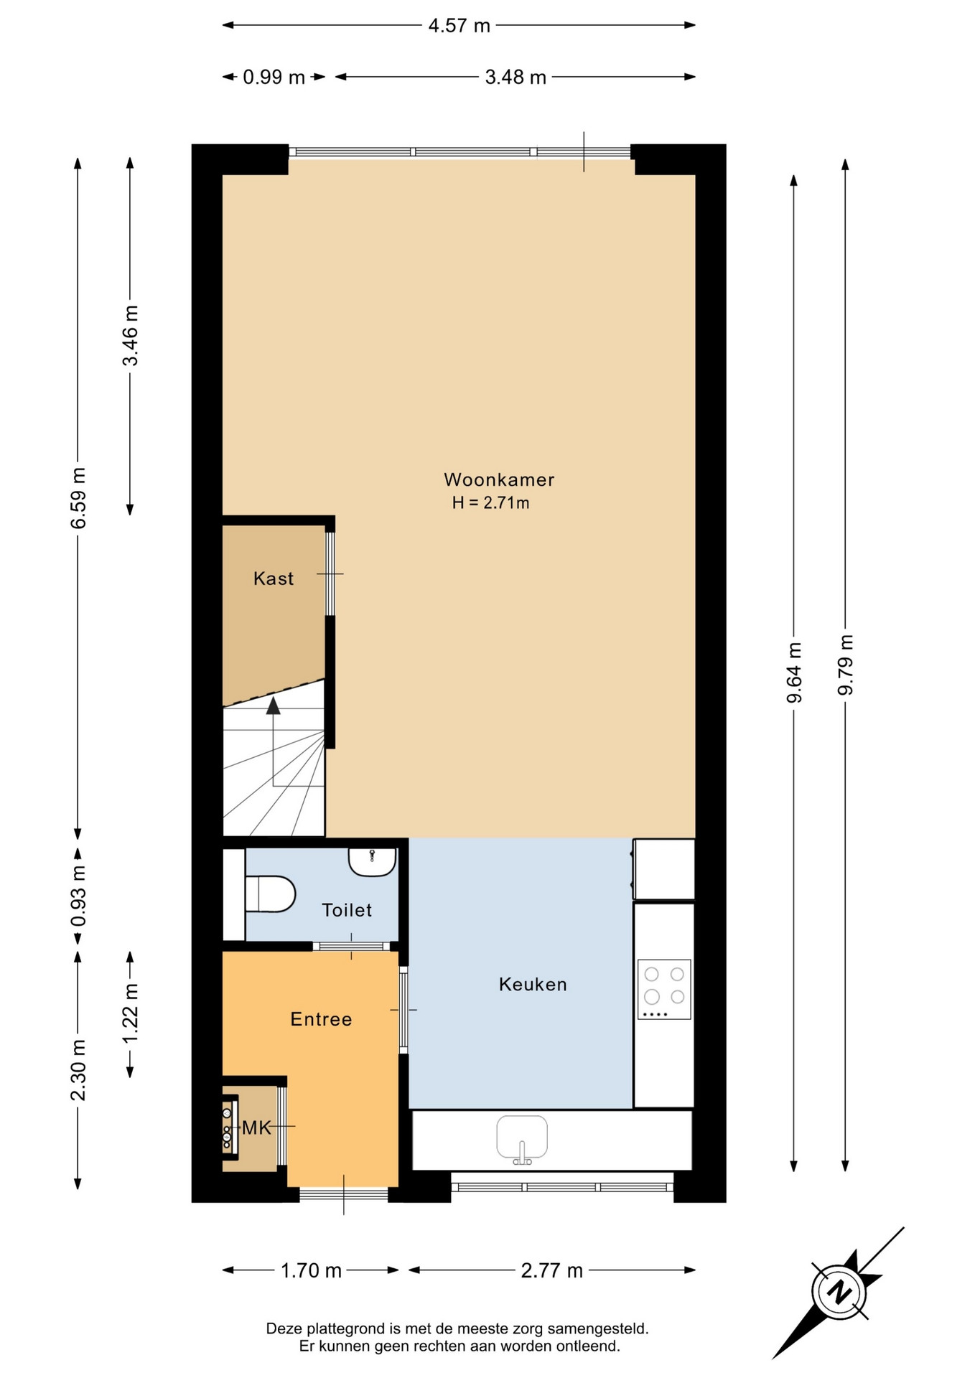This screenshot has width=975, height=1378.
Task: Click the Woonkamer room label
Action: tap(499, 479)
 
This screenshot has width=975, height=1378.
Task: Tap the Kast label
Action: tap(274, 578)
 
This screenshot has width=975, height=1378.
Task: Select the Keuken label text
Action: tap(533, 984)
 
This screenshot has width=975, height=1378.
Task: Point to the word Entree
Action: tap(321, 1019)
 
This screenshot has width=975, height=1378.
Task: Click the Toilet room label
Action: tap(347, 910)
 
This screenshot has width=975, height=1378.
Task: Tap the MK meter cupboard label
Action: tap(256, 1128)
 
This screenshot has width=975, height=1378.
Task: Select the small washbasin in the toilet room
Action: tap(373, 861)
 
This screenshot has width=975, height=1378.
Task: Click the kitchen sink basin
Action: tap(522, 1139)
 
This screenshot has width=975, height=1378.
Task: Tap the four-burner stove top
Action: tap(664, 989)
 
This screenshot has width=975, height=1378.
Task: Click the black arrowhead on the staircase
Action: tap(273, 706)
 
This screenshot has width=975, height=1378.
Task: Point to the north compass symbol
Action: tap(838, 1293)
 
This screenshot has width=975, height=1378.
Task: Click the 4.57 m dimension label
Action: tap(459, 26)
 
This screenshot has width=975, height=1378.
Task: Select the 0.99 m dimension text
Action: tap(274, 77)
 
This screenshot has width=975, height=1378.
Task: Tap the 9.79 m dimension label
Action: tap(845, 665)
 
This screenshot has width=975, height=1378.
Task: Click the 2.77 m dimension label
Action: tap(551, 1270)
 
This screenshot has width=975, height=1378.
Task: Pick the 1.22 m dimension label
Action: tap(130, 1013)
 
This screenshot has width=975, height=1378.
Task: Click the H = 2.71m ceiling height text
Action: tap(490, 502)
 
